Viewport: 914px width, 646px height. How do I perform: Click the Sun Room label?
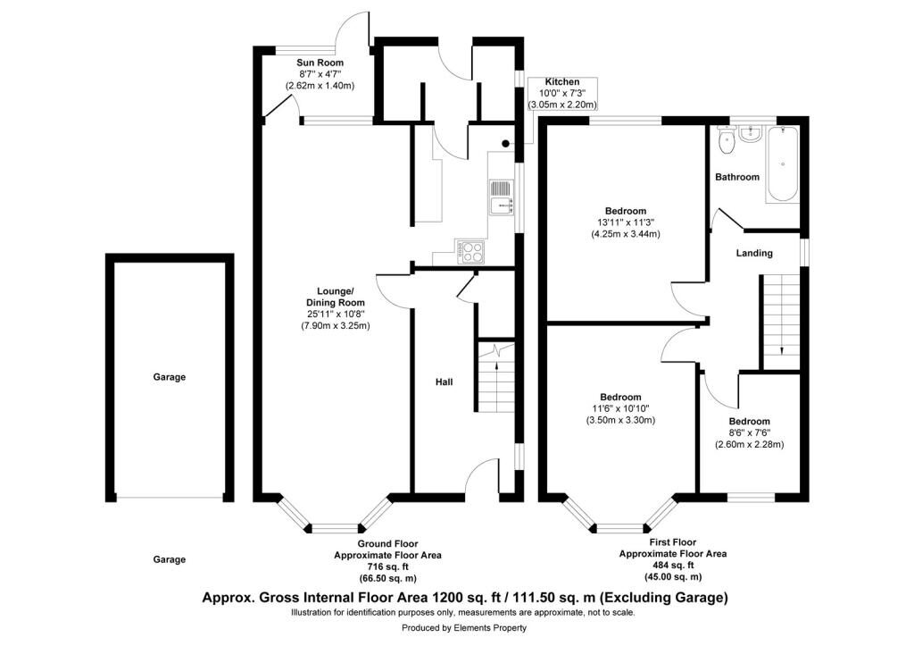coord(320,63)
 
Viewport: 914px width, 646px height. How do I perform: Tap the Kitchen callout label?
coord(562,81)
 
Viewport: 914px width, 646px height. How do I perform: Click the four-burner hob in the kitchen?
coord(470,251)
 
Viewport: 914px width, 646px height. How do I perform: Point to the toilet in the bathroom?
coord(727,140)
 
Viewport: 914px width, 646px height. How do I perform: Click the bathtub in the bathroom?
coord(781,164)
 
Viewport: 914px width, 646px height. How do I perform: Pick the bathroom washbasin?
coord(750,134)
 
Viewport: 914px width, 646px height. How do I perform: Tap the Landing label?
coord(754,253)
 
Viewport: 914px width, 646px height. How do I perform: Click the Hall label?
coord(445,382)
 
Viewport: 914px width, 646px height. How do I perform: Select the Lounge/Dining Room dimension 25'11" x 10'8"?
coord(336,314)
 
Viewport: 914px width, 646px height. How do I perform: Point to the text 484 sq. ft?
coord(673,565)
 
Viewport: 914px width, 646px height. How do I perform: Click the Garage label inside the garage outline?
coord(169,377)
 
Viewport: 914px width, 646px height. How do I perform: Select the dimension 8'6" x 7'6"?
coord(750,433)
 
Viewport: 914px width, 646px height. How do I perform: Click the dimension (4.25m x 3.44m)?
coord(626,234)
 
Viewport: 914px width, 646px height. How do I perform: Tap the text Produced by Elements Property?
coord(464,628)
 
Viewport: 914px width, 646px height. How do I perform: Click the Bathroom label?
coord(737,177)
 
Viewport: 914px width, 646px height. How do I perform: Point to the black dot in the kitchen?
coord(506,143)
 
